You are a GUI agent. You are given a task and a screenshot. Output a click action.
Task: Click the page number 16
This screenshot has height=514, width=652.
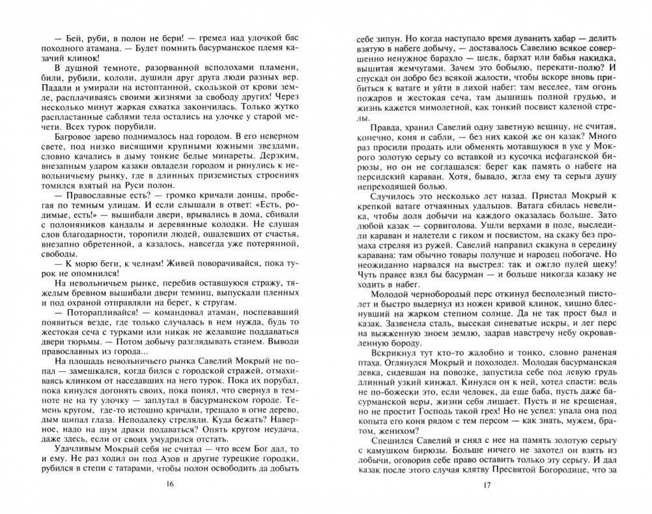point(170,483)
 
